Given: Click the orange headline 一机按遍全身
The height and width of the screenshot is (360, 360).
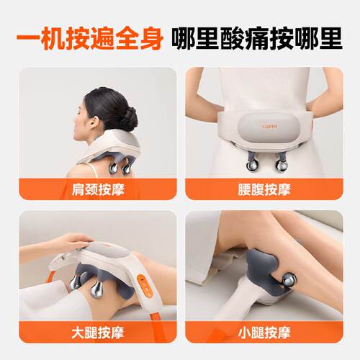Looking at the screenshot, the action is coord(90,39).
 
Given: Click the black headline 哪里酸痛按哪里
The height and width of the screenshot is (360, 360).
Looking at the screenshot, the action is coord(257,39).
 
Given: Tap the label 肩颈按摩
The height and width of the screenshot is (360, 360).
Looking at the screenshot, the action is coord(98,189).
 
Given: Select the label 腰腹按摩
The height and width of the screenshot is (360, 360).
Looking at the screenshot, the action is coord(264,189).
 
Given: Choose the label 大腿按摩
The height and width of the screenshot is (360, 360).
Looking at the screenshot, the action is coord(98,333).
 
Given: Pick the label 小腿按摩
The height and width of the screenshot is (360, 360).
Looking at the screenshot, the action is coord(264,333).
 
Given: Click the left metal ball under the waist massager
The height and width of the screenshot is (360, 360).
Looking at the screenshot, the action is coord(251,166).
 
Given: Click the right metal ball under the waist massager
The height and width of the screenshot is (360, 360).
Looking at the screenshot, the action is coord(281,166).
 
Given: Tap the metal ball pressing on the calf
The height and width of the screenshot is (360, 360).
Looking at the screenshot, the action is coord(289,279).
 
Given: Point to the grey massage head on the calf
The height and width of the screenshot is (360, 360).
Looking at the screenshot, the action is coord(265,274).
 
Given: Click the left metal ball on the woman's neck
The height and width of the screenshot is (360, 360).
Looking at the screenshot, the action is coord(113,168).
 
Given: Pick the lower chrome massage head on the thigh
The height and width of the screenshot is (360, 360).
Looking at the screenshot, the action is coord(96,289).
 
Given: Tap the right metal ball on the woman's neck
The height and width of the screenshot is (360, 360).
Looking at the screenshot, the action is coord(127,168).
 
